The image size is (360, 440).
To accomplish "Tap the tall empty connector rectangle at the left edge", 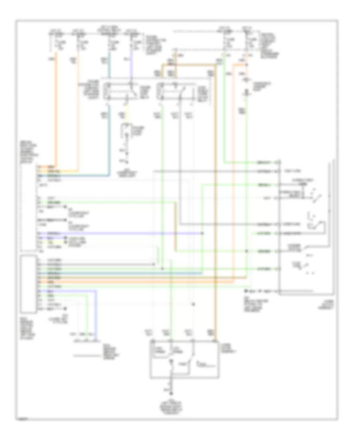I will click(x=28, y=284).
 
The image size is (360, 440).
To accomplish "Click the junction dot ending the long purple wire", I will click(x=202, y=232).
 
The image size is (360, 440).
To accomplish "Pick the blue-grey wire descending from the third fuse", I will click(x=109, y=120).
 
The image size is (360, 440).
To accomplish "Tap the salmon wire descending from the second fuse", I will click(x=78, y=112).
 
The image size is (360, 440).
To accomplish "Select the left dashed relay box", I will click(x=120, y=91).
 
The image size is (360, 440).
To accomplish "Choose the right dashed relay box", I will click(x=176, y=91).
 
